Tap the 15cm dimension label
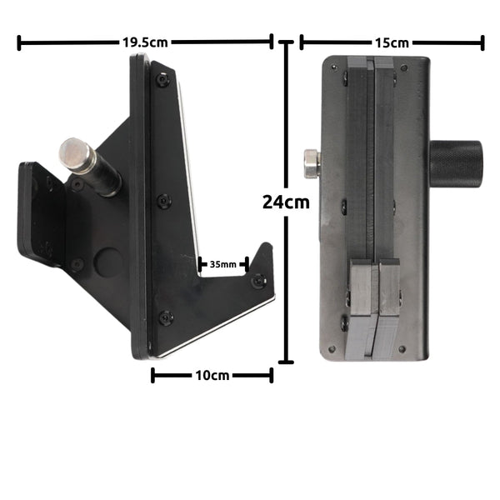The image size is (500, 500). tap(392, 42)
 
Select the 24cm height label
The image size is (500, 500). tap(285, 201)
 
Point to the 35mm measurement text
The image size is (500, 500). tap(222, 264)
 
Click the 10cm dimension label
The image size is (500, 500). tap(212, 376)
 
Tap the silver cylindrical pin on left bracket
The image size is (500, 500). tap(77, 156)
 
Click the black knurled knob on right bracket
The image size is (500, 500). tap(456, 163)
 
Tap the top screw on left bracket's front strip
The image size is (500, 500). tap(162, 81)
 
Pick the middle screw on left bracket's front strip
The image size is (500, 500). tap(164, 200)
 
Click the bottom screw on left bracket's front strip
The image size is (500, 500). tap(166, 317)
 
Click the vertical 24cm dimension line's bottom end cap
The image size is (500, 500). tap(286, 361)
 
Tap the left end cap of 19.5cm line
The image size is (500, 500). tap(18, 42)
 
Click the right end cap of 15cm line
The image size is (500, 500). tap(482, 42)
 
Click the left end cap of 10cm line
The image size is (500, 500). tap(152, 376)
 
